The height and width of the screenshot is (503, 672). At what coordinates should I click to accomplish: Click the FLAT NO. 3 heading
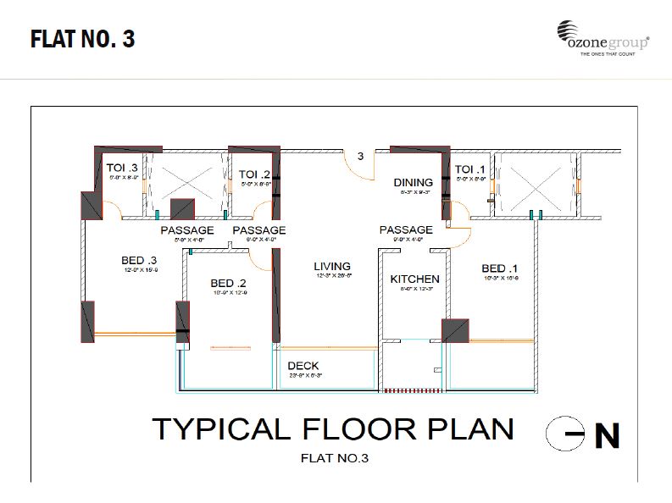(x=82, y=39)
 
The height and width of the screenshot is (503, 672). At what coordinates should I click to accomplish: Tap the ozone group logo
(x=603, y=39)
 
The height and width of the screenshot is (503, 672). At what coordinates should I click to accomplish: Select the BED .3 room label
(x=140, y=259)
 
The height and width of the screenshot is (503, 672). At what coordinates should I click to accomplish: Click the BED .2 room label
(x=228, y=283)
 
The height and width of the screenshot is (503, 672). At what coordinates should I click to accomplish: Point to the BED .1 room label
(x=500, y=268)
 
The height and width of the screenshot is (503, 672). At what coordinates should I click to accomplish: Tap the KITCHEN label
(x=414, y=279)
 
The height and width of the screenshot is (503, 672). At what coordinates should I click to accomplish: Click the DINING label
(x=413, y=182)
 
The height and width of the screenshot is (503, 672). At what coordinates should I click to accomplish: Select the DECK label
(x=303, y=366)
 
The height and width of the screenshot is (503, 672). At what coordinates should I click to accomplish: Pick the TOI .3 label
(x=122, y=169)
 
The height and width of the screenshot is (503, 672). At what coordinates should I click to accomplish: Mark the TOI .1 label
(x=470, y=169)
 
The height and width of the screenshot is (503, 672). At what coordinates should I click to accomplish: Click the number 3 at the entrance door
(x=360, y=156)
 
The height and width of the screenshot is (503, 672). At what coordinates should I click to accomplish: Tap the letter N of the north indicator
(x=606, y=435)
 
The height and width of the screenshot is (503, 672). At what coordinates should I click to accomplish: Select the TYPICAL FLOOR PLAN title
(x=332, y=428)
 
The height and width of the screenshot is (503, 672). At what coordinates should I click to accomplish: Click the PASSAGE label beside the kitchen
(x=406, y=229)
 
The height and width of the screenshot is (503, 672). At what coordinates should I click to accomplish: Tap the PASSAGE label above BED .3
(x=187, y=230)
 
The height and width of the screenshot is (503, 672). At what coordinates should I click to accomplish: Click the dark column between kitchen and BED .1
(x=455, y=331)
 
